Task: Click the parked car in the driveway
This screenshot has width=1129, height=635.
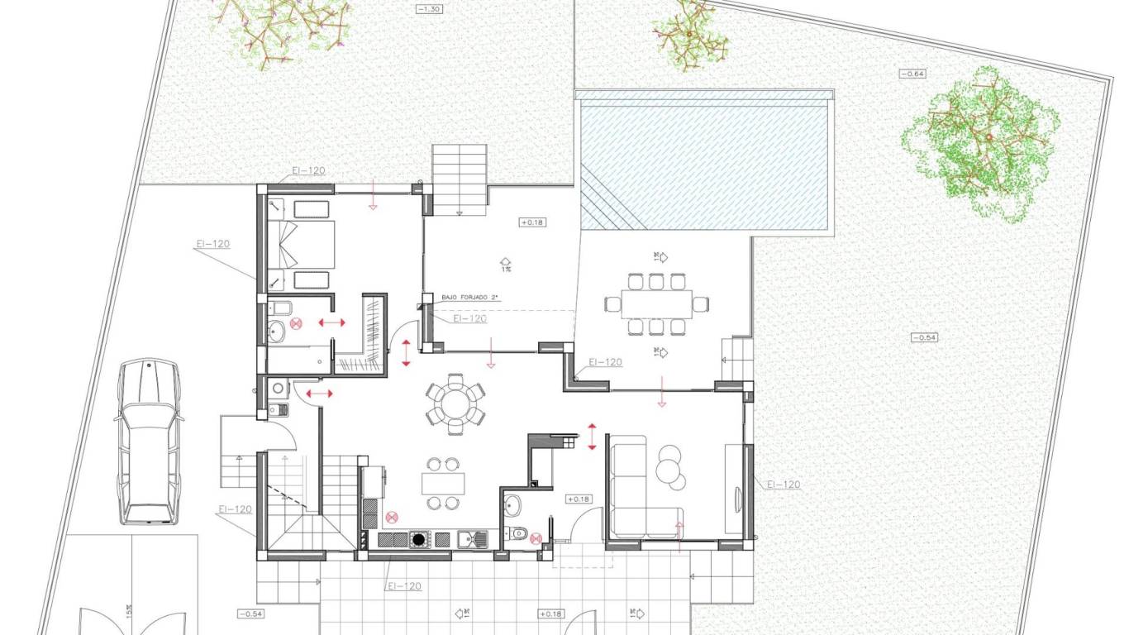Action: [x=148, y=442]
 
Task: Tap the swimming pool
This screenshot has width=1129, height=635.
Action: [x=703, y=161]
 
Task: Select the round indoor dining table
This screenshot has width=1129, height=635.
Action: [x=455, y=403]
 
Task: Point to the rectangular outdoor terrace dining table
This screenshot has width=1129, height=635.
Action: [x=656, y=303]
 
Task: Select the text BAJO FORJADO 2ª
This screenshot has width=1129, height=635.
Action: [x=470, y=297]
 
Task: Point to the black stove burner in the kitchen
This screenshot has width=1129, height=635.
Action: [x=419, y=540]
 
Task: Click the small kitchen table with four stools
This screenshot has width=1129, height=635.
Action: [x=443, y=483]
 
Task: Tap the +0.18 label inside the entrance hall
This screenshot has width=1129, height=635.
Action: [x=578, y=499]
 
